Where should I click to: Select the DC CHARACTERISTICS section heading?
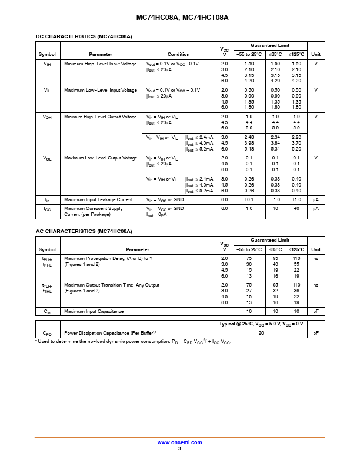pos(84,36)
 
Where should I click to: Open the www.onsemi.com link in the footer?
pos(179,442)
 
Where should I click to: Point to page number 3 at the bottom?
pos(179,448)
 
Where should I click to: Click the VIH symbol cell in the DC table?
pos(47,64)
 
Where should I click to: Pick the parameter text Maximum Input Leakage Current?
pos(98,199)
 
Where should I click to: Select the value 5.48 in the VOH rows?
pos(249,149)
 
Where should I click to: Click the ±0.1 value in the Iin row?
pos(249,199)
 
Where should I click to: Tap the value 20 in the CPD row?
pos(261,333)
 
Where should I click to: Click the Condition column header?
pos(178,54)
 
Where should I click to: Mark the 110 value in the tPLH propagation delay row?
pos(296,258)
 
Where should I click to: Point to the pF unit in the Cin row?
pos(316,311)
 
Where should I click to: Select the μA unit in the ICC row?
pos(316,208)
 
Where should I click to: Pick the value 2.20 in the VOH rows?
pos(296,137)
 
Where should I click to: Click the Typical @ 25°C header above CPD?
pos(261,324)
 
